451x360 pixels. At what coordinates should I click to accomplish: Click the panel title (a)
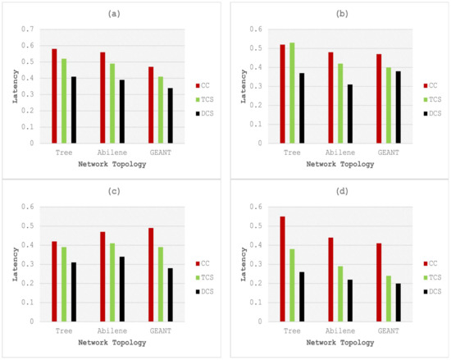tap(112, 15)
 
